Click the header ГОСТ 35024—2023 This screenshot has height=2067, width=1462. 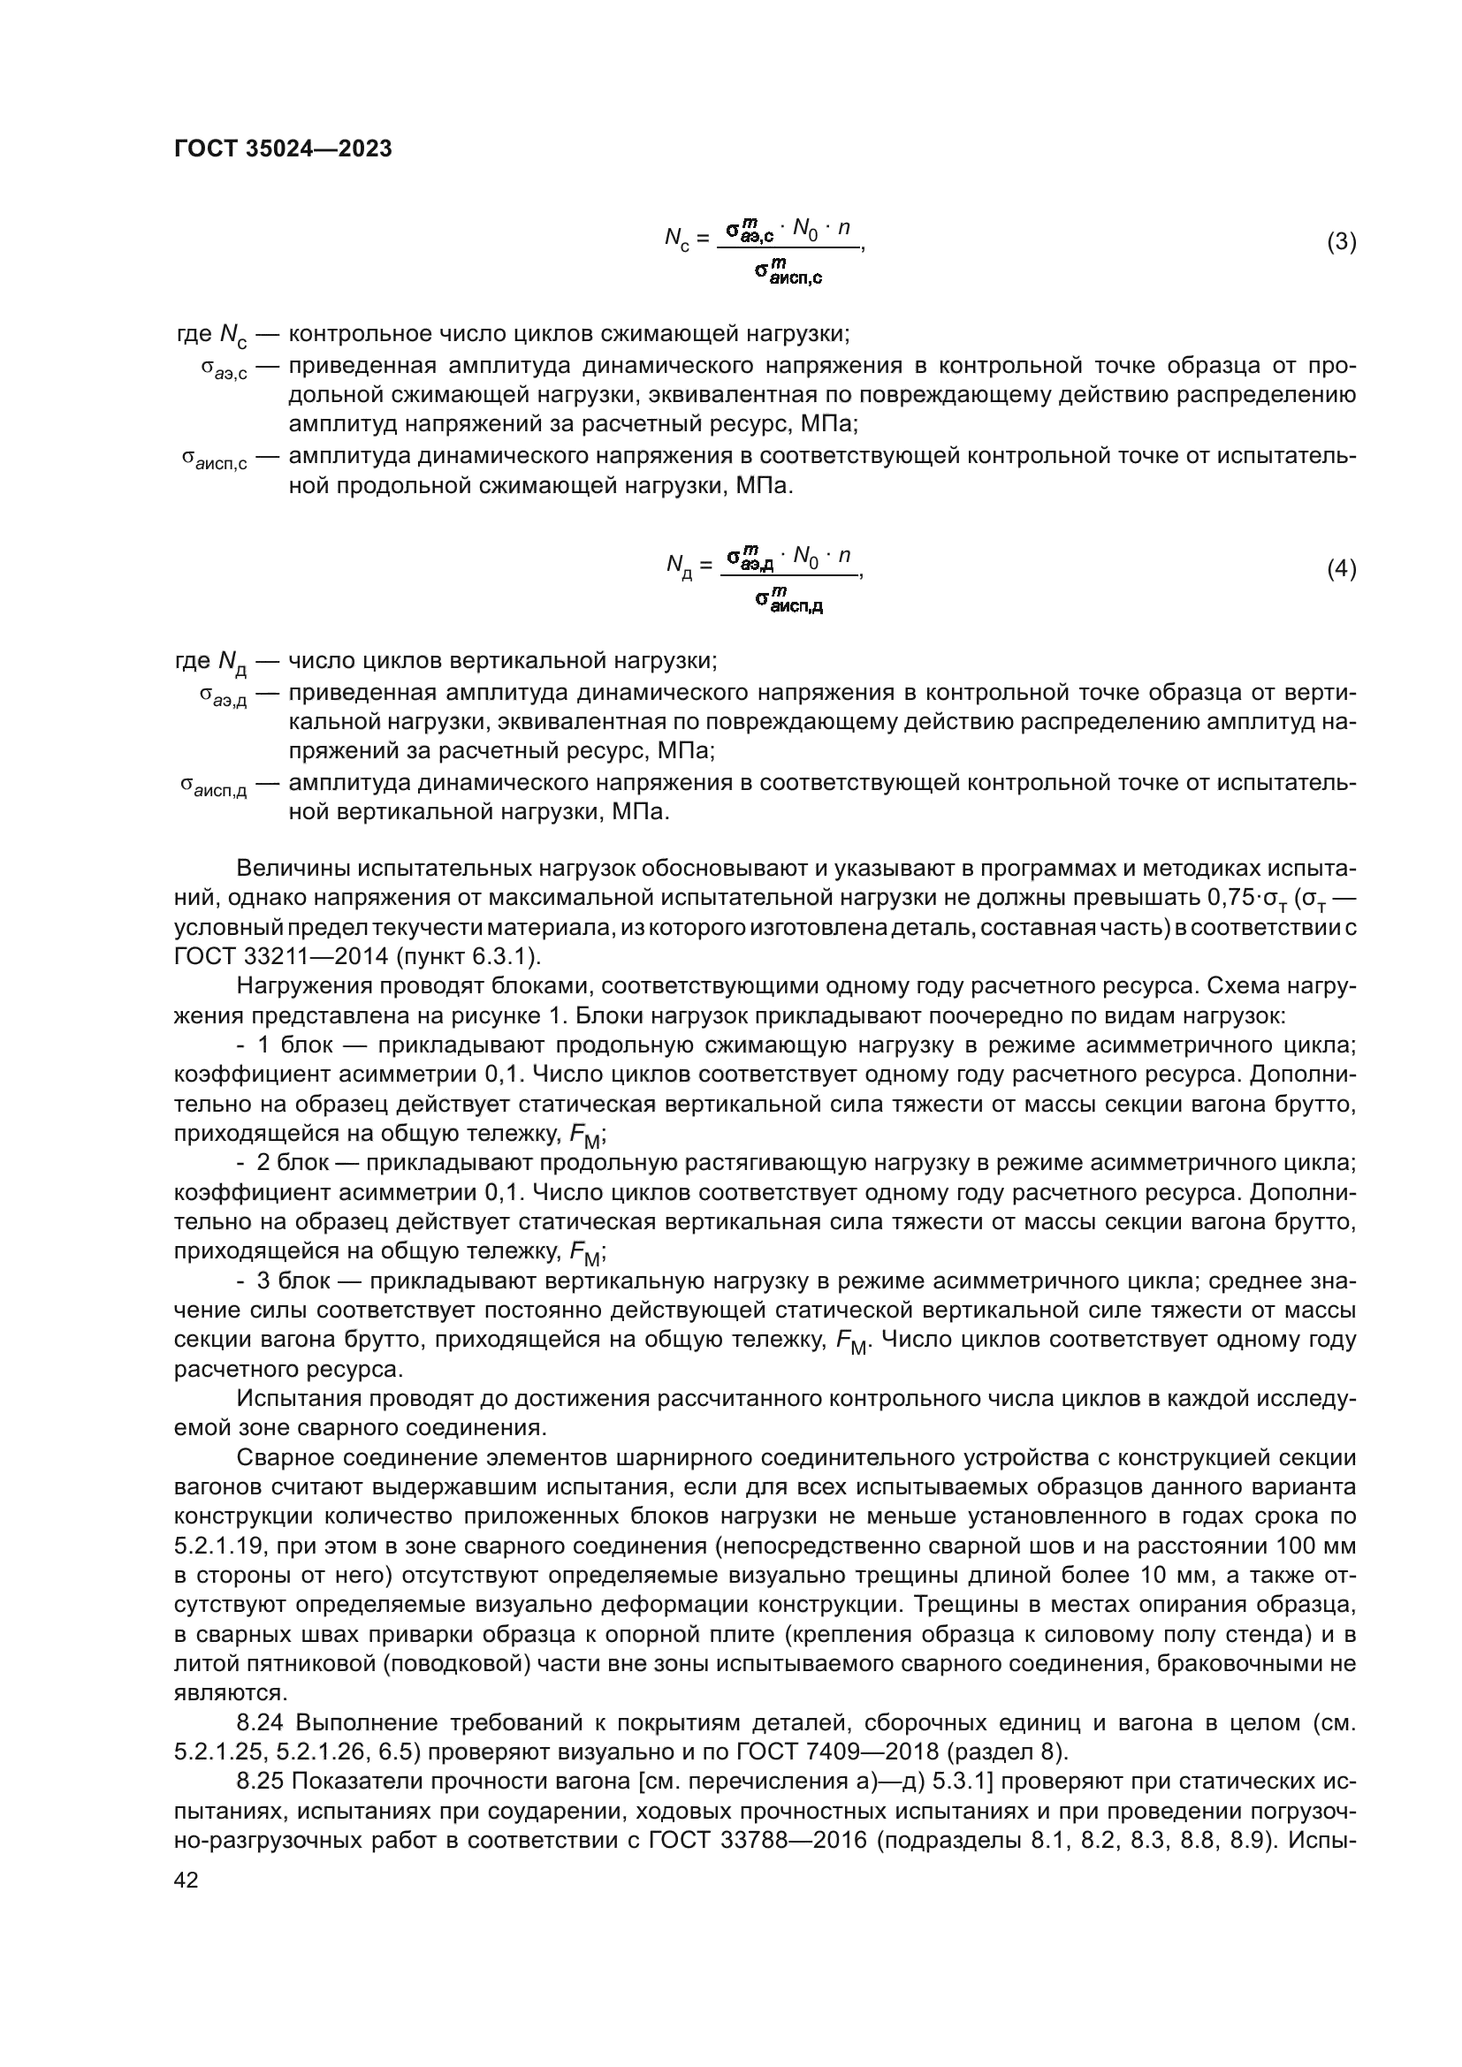283,149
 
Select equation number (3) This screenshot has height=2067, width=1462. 1342,242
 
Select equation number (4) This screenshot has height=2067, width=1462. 1342,569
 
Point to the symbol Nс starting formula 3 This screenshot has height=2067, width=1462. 677,239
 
